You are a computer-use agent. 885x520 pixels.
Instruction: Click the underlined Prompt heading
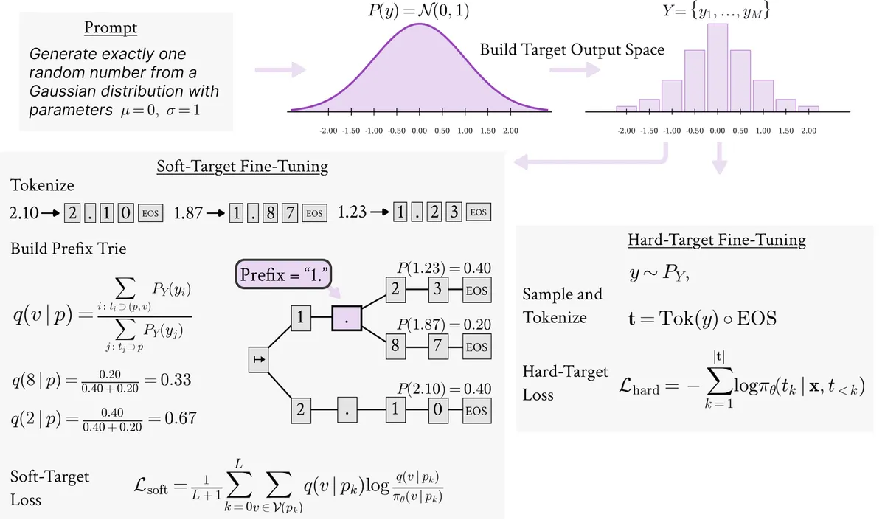[x=111, y=28]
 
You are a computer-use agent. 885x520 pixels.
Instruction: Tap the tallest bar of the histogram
[x=718, y=68]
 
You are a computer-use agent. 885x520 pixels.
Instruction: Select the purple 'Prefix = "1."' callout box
[x=283, y=274]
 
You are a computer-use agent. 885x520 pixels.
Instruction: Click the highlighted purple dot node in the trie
[x=347, y=318]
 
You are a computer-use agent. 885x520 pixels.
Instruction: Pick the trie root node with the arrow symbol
[x=259, y=360]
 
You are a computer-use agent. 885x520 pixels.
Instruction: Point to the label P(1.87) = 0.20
[x=444, y=325]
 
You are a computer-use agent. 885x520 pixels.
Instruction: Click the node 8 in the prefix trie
[x=395, y=346]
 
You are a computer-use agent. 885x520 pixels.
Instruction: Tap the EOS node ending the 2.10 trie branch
[x=477, y=411]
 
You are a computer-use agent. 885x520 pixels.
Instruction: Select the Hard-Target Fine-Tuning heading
[x=717, y=240]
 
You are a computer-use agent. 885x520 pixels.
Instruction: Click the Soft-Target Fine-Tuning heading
[x=242, y=167]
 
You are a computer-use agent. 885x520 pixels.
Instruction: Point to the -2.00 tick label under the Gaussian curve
[x=328, y=131]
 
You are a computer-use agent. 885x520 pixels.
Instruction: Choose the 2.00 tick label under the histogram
[x=809, y=131]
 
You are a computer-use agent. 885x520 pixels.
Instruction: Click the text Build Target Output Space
[x=572, y=50]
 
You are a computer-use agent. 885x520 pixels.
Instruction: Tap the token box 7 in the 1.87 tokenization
[x=290, y=213]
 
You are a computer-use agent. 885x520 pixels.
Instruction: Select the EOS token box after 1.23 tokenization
[x=479, y=212]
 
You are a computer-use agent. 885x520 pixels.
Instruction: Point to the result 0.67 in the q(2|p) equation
[x=181, y=418]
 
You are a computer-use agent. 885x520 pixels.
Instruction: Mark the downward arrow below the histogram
[x=720, y=158]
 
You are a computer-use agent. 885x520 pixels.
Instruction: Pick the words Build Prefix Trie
[x=69, y=249]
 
